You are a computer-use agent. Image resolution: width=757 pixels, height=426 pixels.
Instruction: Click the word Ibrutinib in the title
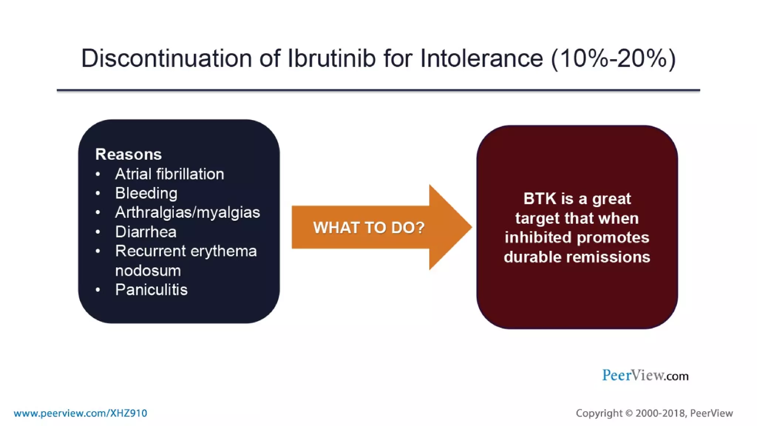tap(331, 58)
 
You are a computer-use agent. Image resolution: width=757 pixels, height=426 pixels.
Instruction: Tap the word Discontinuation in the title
tap(166, 58)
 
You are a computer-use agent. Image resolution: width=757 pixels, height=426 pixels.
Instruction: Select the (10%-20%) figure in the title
tap(613, 58)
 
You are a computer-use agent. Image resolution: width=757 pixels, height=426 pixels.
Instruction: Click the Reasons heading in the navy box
tap(128, 154)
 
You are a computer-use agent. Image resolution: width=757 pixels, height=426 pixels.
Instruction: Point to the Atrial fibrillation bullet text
tap(169, 174)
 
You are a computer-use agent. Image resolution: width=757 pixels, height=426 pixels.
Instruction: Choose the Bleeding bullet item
tap(146, 193)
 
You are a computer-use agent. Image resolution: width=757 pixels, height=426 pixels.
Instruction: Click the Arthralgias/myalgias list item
tap(187, 212)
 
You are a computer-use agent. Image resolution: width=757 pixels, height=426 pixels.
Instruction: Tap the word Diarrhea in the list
tap(146, 232)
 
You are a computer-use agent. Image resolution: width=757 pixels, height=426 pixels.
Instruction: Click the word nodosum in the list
tap(148, 271)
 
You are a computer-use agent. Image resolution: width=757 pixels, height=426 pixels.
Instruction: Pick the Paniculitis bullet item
tap(151, 290)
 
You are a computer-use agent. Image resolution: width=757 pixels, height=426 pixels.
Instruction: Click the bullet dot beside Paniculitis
tap(98, 290)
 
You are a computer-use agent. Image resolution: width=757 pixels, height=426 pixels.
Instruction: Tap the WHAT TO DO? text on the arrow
tap(369, 227)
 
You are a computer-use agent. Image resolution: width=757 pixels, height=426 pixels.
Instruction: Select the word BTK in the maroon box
tap(540, 199)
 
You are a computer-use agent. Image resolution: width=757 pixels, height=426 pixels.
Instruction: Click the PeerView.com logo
tap(645, 375)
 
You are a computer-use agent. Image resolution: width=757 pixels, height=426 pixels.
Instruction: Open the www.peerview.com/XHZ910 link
tap(80, 413)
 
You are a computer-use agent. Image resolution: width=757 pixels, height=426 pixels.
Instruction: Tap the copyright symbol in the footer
tap(629, 413)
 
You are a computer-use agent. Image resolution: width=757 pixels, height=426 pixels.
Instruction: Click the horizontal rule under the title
tap(378, 90)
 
